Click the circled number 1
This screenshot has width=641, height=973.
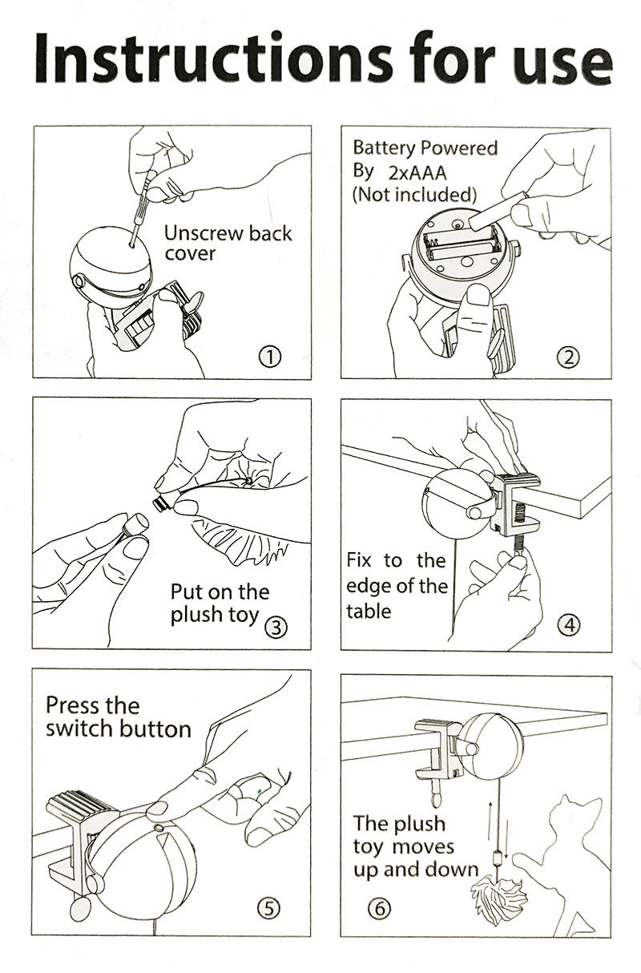[270, 357]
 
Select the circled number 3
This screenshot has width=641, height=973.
[276, 628]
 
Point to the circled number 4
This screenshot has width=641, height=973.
[569, 625]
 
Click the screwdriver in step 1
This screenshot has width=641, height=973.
[143, 208]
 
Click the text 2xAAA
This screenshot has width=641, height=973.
[417, 173]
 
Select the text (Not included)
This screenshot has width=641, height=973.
[414, 195]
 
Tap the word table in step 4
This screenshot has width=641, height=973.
[369, 612]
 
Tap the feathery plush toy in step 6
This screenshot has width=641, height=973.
[500, 890]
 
